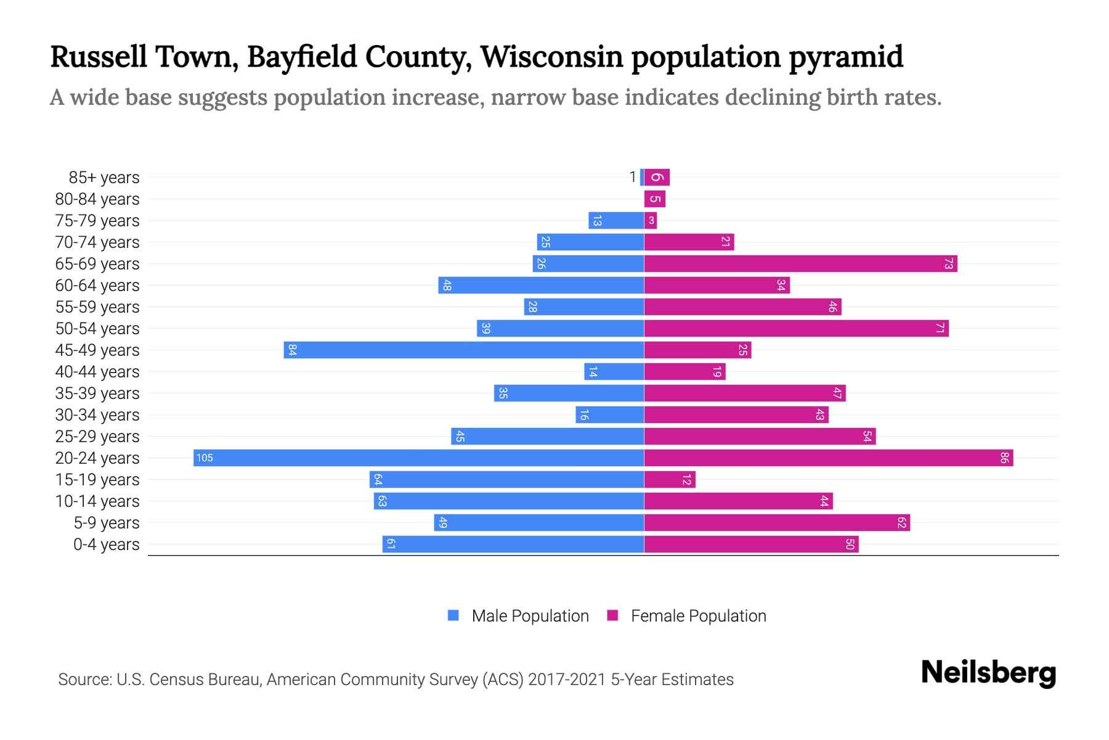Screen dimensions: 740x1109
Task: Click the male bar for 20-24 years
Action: pos(419,458)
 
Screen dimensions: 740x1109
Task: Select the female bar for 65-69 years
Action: pos(800,263)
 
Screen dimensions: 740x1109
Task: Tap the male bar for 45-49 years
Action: pos(464,350)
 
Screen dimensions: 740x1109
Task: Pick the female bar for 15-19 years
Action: pos(670,479)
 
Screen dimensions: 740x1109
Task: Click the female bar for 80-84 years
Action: pos(655,199)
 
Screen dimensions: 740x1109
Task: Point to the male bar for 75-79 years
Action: pos(616,220)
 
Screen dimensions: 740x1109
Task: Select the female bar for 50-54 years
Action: pos(796,328)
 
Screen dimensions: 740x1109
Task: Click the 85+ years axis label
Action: pos(104,178)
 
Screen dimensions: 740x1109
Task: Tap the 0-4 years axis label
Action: pos(107,545)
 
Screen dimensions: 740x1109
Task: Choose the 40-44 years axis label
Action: pos(97,372)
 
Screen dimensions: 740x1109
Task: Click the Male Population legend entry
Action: pos(518,615)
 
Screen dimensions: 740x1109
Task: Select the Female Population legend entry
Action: pos(687,615)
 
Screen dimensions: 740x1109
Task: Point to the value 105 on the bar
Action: pos(205,458)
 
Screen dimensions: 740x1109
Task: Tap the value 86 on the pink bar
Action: pos(1004,458)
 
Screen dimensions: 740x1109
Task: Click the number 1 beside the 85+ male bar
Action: pos(632,177)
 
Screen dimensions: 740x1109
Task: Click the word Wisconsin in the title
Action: pos(551,57)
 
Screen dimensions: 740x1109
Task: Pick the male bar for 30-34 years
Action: pos(610,414)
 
